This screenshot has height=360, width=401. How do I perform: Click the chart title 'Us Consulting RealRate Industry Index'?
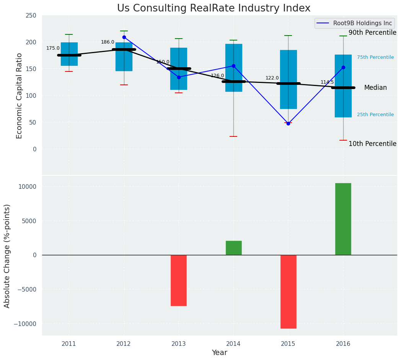pos(214,8)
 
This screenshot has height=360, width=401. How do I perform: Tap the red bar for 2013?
pos(179,280)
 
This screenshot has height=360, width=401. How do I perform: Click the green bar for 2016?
pos(343,219)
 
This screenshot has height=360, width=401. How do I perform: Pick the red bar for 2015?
pos(288,292)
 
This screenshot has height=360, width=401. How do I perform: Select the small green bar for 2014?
pos(233,248)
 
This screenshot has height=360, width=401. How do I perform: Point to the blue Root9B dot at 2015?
pos(288,123)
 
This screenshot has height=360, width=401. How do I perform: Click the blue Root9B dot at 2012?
pos(124,37)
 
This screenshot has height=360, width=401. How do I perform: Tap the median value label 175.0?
pos(53,48)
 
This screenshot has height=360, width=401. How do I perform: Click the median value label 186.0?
pos(108,42)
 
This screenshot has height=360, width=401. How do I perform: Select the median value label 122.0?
pos(272,78)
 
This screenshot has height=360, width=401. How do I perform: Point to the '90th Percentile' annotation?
pos(372,33)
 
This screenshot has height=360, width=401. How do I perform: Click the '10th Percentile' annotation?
pos(372,144)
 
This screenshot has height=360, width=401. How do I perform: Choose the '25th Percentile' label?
pos(375,115)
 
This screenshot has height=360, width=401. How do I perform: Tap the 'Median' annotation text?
pos(375,88)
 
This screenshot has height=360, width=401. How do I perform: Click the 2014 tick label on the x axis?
pos(233,344)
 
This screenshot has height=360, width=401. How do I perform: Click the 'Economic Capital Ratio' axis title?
pos(20,96)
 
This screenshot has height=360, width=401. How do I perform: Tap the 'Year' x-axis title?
pos(220,353)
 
